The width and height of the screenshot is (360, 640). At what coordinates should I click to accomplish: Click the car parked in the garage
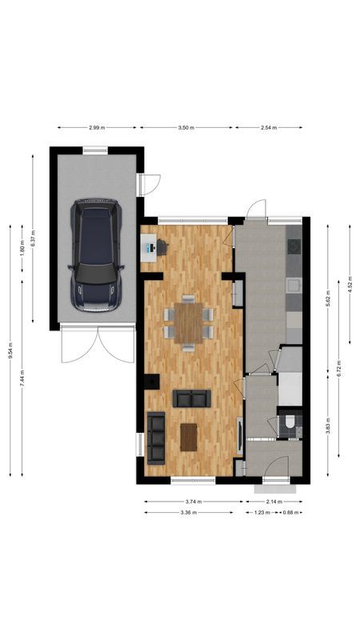[x=96, y=254]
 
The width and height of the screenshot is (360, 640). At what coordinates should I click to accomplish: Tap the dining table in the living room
[x=189, y=320]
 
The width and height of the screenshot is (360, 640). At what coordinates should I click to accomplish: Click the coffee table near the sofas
[x=189, y=437]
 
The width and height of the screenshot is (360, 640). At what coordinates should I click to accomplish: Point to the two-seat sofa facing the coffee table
[x=191, y=398]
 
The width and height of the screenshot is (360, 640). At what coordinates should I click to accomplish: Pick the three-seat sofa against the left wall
[x=155, y=438]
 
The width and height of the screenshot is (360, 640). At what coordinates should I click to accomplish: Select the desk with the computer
[x=149, y=248]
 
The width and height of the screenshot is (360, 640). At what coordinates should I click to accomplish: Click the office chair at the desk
[x=162, y=247]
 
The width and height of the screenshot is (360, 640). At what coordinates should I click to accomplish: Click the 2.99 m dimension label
[x=97, y=127]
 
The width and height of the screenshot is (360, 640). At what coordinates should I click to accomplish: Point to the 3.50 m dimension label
[x=186, y=127]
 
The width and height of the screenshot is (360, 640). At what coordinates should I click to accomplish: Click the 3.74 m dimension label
[x=193, y=502]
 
